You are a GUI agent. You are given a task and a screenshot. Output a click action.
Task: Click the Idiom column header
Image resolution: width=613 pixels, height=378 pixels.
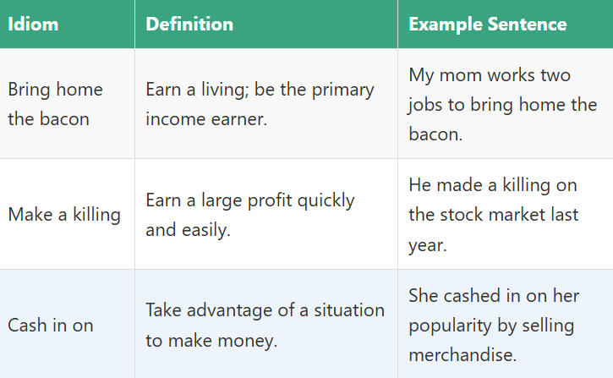tap(34, 24)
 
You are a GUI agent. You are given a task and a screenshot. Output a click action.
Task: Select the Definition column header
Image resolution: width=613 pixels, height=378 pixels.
tap(189, 24)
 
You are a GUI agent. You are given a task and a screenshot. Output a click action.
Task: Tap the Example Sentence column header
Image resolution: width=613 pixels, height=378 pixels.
tap(488, 24)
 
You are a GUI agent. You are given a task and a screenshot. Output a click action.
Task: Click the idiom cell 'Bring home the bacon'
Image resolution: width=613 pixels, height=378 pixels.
tap(55, 104)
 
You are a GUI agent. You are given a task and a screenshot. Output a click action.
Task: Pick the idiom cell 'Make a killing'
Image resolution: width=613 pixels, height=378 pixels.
tap(64, 215)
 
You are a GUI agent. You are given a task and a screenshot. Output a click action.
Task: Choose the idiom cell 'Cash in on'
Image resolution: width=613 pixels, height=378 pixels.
tap(51, 326)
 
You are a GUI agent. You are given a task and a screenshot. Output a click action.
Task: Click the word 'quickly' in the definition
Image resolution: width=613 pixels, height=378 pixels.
tap(326, 200)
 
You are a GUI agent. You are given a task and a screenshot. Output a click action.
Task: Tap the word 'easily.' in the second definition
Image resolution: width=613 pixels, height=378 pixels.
tap(206, 230)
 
